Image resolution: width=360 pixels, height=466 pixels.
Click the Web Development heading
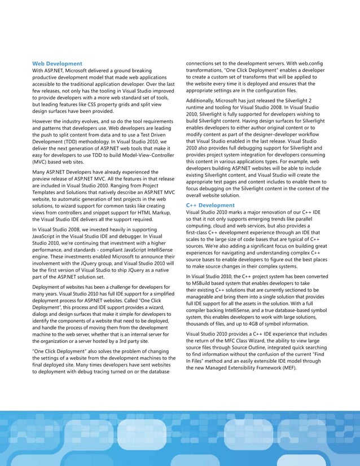pos(57,64)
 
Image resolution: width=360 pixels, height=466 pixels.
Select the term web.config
pos(307,63)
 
